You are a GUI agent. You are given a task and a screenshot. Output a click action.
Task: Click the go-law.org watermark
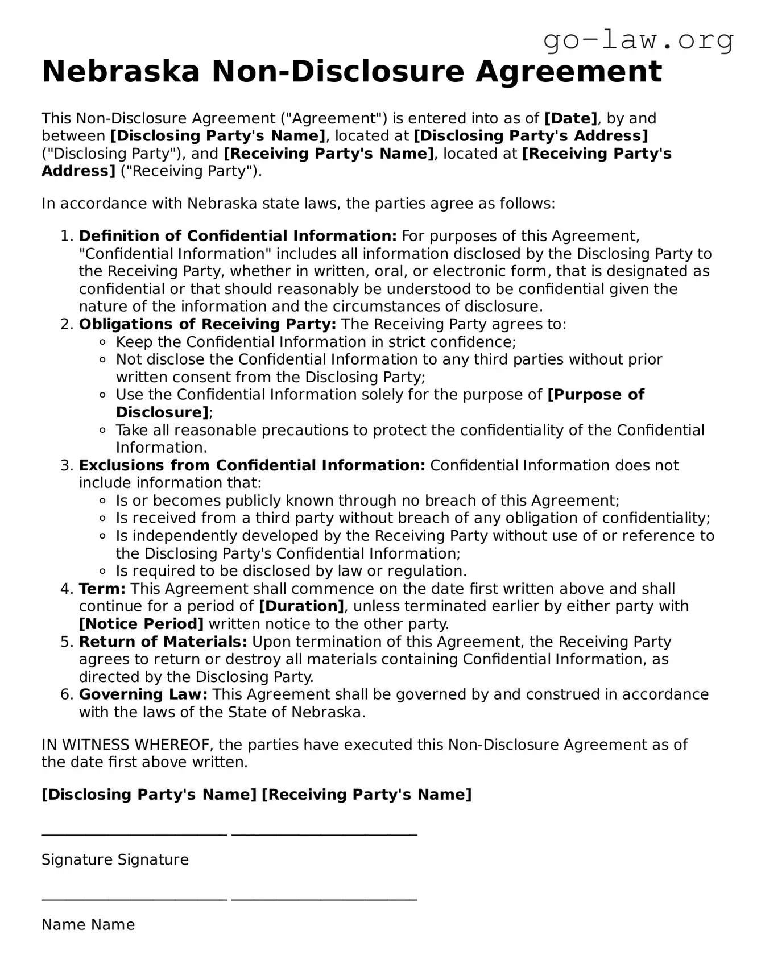(638, 41)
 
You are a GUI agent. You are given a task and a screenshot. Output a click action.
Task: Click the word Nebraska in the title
(121, 72)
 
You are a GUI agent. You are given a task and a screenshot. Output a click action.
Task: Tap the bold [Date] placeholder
(570, 118)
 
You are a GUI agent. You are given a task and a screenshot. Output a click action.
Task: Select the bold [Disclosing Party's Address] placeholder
(531, 136)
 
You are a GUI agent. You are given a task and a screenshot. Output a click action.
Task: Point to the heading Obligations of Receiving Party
(208, 324)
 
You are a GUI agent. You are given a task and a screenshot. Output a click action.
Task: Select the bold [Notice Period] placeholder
(141, 624)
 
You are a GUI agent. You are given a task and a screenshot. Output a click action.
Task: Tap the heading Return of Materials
(163, 642)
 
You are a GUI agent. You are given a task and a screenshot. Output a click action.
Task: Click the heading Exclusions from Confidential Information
(252, 465)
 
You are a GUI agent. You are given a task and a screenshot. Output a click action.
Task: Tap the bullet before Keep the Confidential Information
(103, 342)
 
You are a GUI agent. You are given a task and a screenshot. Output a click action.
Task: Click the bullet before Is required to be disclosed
(103, 571)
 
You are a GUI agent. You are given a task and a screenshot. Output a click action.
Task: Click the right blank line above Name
(324, 900)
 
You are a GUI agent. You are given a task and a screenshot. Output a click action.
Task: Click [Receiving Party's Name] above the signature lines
(366, 795)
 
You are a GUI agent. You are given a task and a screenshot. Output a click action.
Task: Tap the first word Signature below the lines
(76, 859)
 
